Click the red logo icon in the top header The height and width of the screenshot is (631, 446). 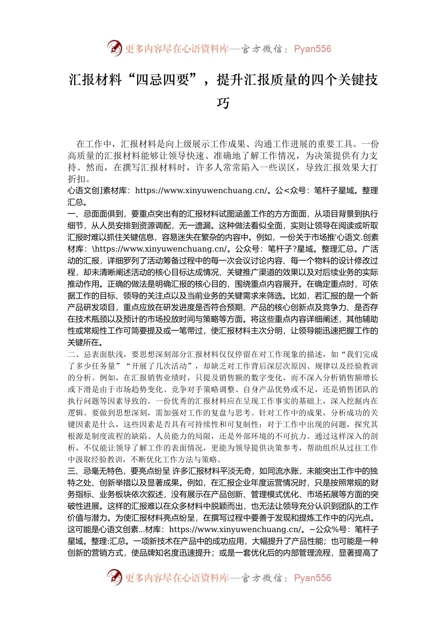tap(115, 48)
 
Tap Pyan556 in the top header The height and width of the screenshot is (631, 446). tap(312, 49)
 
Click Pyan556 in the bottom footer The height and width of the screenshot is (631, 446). tap(312, 578)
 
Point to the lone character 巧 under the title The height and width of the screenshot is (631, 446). tap(223, 103)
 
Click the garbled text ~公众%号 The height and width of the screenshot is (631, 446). tap(329, 530)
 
